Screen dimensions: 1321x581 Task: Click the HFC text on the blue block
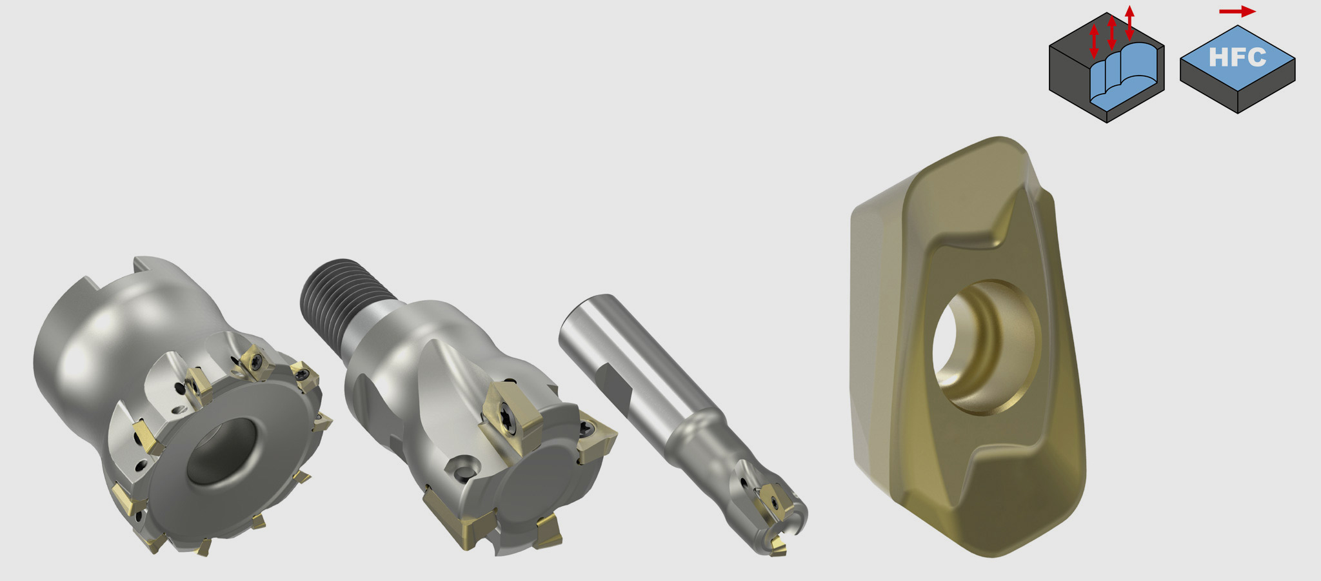[x=1237, y=57]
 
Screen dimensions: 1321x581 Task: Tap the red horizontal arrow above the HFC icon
[x=1237, y=12]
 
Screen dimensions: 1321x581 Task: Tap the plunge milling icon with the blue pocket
[x=1107, y=68]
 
